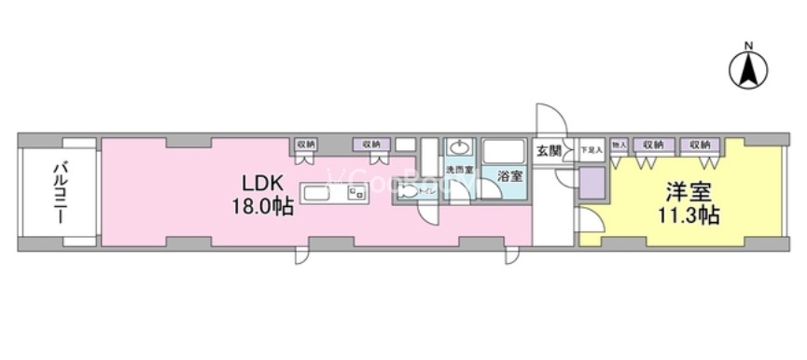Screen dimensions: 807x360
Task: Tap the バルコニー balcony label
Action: [58, 192]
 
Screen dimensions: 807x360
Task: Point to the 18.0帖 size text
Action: [262, 206]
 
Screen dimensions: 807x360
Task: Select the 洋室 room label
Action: [689, 193]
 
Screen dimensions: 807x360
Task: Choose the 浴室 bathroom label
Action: [509, 176]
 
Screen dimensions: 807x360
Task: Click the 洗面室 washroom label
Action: [458, 171]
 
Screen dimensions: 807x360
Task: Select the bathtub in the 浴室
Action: [507, 151]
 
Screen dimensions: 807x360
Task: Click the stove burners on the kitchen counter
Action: [356, 193]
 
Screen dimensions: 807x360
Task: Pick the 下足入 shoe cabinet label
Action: [591, 147]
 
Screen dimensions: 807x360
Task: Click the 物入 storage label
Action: [619, 145]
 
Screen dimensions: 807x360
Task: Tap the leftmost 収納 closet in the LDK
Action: [306, 145]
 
